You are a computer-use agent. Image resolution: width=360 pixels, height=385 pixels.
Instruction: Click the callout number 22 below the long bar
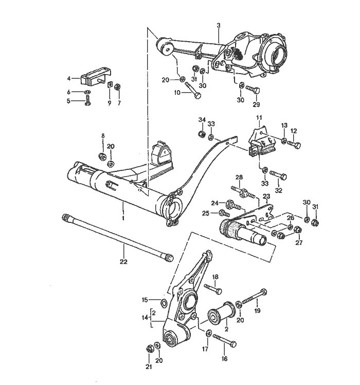coord(123,262)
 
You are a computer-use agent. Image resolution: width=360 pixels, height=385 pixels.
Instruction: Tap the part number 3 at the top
coord(218,26)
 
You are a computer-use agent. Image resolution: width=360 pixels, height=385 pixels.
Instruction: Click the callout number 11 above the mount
coord(259,118)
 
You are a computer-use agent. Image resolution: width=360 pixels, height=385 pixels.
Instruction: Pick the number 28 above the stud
coord(238,177)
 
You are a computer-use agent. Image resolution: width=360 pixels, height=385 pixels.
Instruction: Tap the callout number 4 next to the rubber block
coord(69,79)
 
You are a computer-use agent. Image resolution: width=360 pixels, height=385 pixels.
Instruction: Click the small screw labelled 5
coord(87,102)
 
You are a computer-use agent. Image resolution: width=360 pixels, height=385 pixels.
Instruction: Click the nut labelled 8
coord(101,156)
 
